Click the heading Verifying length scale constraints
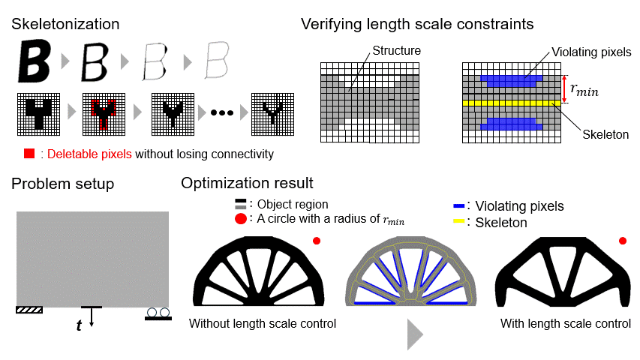click(417, 23)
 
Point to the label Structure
click(396, 51)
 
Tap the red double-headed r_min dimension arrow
click(563, 88)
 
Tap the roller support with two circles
click(158, 314)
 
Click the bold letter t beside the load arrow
click(79, 326)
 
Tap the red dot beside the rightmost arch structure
click(623, 241)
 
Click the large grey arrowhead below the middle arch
click(416, 334)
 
